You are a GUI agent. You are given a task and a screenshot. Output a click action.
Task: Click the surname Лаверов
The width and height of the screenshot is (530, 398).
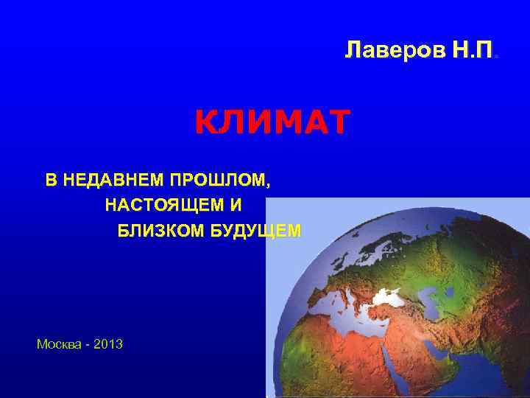tap(383, 51)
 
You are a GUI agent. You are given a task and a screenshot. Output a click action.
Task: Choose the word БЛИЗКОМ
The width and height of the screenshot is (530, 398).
tap(160, 231)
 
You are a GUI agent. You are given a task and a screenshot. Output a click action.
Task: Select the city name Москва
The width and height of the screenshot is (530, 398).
tap(57, 344)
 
